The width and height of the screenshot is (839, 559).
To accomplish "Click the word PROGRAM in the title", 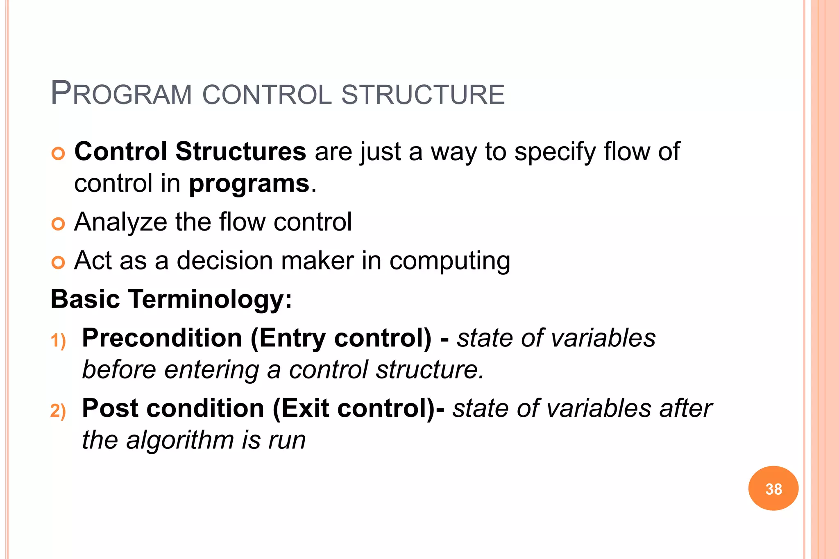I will [121, 94].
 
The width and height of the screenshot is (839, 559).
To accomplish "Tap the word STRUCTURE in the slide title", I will [423, 95].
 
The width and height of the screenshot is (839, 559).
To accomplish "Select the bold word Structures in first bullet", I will [240, 151].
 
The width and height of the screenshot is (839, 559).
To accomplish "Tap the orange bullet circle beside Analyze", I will [58, 224].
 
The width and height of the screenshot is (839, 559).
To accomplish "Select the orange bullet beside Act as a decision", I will [58, 262].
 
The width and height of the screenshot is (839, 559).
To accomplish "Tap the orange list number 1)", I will [58, 341].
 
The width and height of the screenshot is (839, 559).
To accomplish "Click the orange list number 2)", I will [58, 411].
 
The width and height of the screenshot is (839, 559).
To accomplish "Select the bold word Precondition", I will [162, 338].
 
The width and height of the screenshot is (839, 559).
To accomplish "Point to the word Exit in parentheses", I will [304, 409].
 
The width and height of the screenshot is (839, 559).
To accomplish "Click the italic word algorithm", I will [180, 440].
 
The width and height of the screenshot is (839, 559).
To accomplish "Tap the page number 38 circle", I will [773, 488].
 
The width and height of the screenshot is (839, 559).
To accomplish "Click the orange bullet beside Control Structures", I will [58, 154].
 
